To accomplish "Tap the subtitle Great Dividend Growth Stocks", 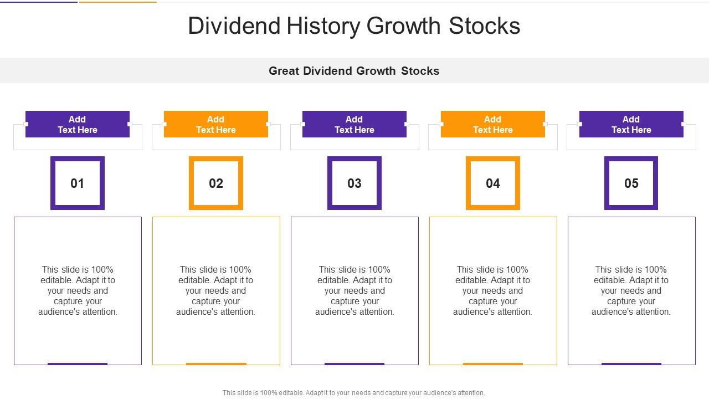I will [x=354, y=71].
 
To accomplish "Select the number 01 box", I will [x=78, y=183].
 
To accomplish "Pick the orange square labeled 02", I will [x=216, y=183].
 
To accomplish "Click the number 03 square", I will [x=354, y=183].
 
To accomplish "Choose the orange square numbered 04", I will [x=493, y=183].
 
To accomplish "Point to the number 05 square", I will [x=631, y=183].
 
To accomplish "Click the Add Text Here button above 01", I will [x=78, y=124].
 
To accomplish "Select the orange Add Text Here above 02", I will [x=216, y=124].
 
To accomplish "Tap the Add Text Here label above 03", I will [x=354, y=124].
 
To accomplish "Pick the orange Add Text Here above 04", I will [x=493, y=124].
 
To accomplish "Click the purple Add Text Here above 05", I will [x=631, y=124].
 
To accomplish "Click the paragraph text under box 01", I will [x=78, y=291].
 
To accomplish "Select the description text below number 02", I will [x=216, y=291].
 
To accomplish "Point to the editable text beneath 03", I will [x=354, y=291].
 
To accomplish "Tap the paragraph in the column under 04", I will [x=493, y=291].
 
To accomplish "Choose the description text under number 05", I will [x=631, y=291].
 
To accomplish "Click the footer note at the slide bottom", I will [x=354, y=393].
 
